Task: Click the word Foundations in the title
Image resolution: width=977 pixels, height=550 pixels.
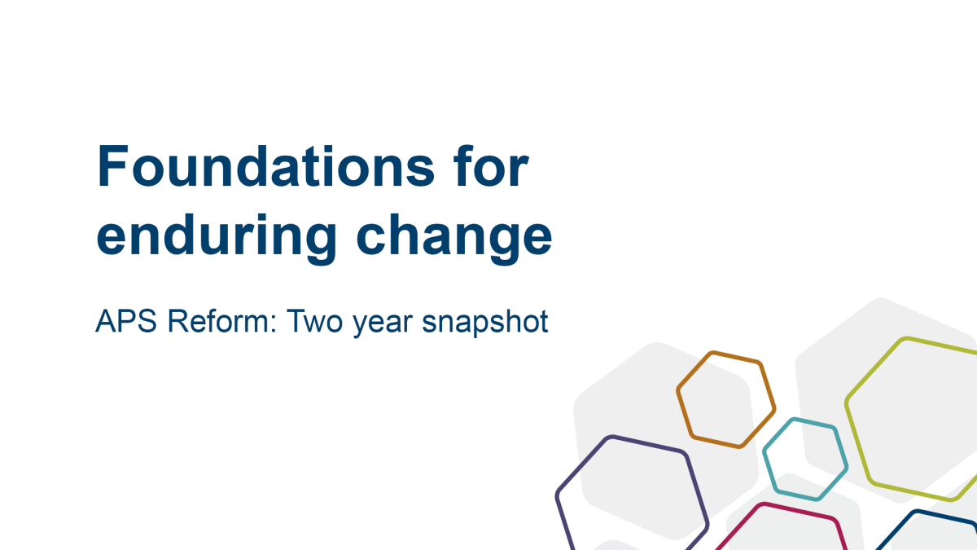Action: tap(266, 166)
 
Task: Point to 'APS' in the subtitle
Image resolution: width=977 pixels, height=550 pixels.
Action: tap(126, 321)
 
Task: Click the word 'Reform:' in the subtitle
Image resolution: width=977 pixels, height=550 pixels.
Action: tap(222, 321)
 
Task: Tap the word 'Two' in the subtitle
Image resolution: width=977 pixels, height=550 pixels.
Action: tap(314, 321)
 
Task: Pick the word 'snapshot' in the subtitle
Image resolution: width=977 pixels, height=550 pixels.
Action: tap(485, 323)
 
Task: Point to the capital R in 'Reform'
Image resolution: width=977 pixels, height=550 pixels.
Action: tap(179, 321)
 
